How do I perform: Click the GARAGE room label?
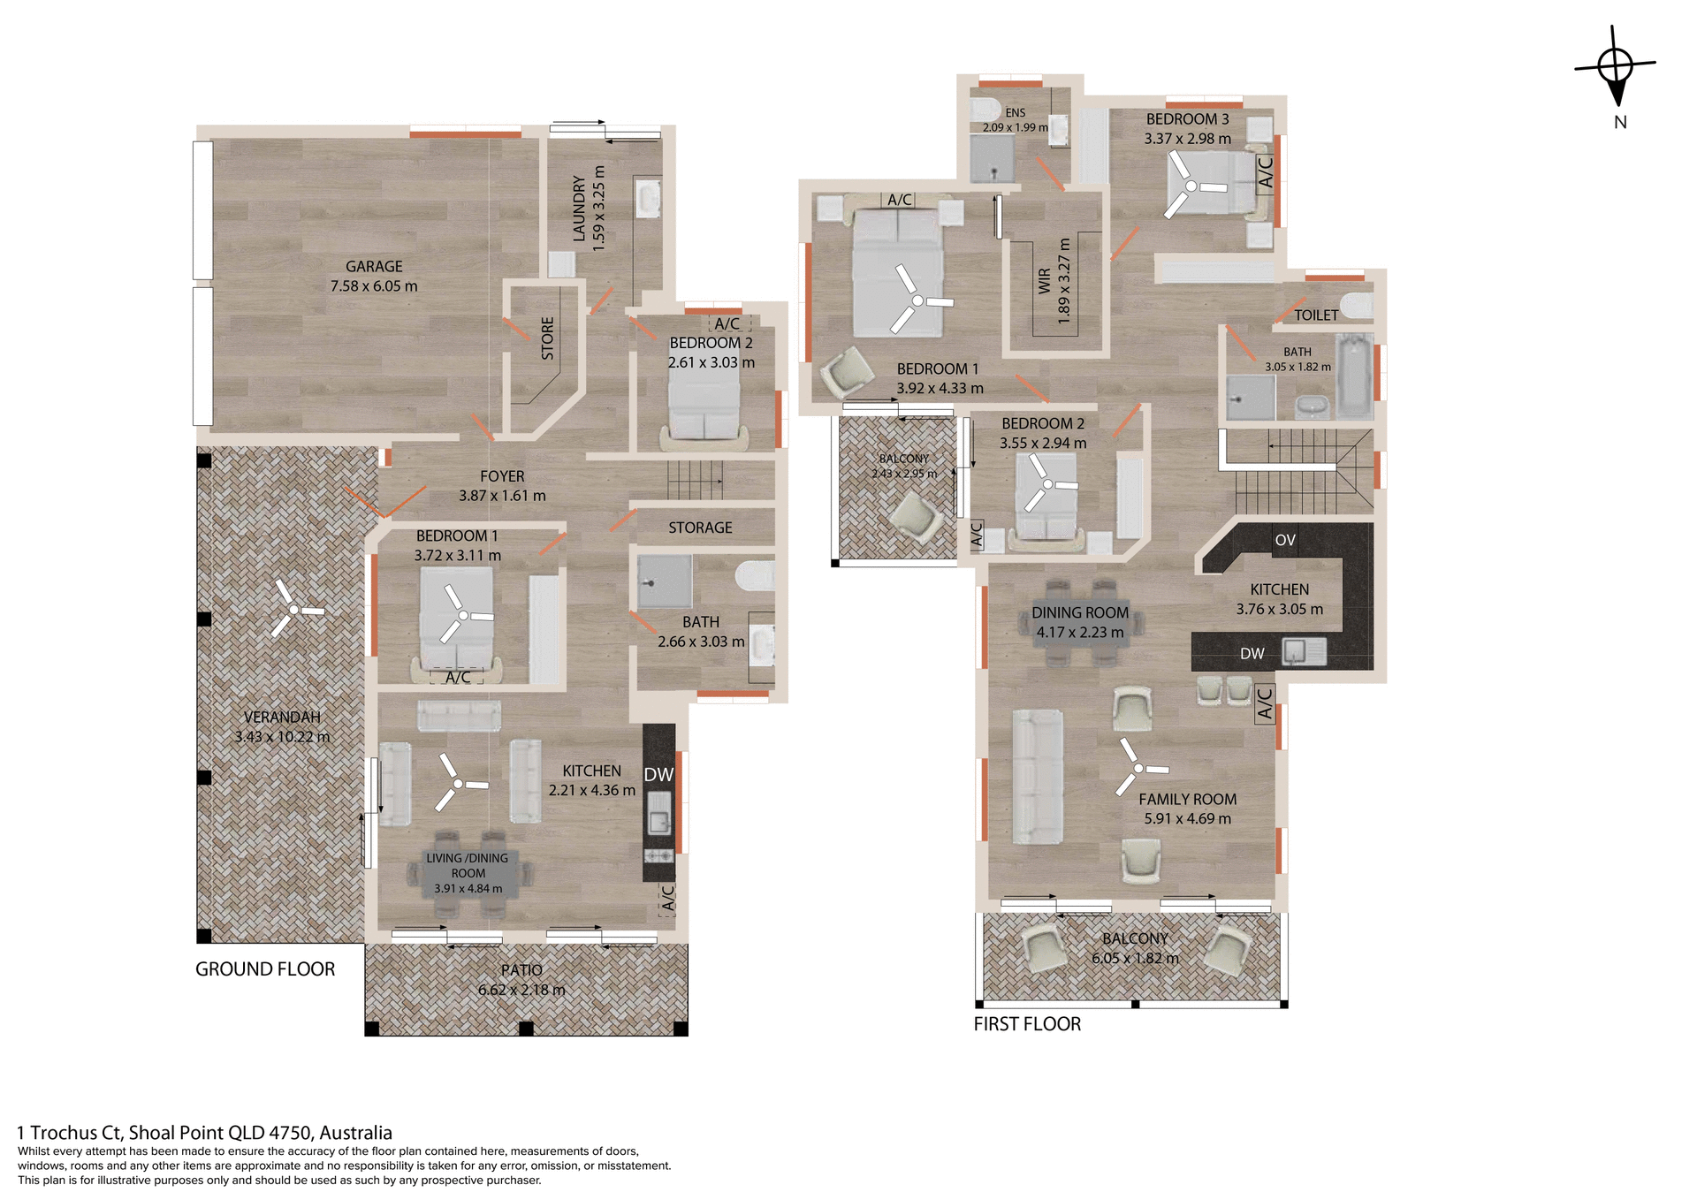pos(374,266)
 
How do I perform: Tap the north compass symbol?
pos(1616,67)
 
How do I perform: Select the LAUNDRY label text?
pos(579,208)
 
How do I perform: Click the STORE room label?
pos(547,338)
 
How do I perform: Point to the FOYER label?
pos(502,476)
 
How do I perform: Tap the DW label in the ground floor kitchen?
pos(658,775)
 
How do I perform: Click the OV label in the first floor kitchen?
pos(1285,540)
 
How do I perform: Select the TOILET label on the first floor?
pos(1316,315)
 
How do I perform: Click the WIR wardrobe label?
pos(1045,281)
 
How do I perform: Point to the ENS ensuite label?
pos(1016,113)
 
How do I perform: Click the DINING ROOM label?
pos(1080,612)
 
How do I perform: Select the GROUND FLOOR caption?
pos(265,969)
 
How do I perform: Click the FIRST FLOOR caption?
pos(1027,1024)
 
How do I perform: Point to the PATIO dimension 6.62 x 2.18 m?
pos(521,990)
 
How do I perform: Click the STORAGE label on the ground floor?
pos(700,528)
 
